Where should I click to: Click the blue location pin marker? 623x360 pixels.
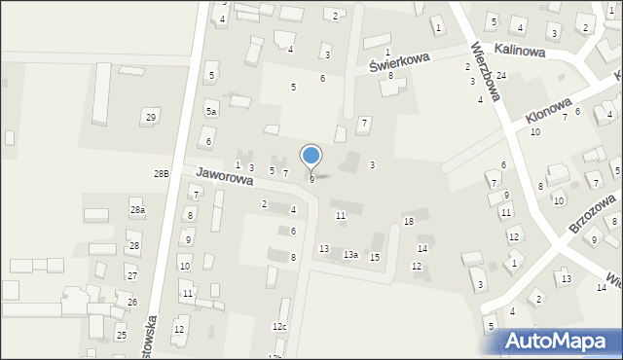click(x=311, y=157)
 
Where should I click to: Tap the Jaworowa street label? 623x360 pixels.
click(x=224, y=175)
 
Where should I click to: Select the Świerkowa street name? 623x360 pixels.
click(x=399, y=62)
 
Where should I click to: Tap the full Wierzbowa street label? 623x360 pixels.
click(x=484, y=71)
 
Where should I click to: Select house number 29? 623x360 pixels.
click(x=150, y=118)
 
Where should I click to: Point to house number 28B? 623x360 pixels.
click(x=161, y=173)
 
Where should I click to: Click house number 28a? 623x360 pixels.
click(x=137, y=210)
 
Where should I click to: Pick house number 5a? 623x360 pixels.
click(x=210, y=112)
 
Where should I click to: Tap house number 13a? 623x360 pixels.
click(x=350, y=255)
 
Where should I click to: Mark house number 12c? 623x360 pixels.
click(x=279, y=327)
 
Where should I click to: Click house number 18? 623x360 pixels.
click(x=409, y=222)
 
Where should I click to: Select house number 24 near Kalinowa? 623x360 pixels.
click(x=500, y=76)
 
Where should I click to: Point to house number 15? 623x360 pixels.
click(x=375, y=257)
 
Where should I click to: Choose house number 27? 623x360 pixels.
click(x=131, y=276)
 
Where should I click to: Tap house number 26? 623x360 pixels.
click(x=131, y=303)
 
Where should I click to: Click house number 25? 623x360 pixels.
click(x=122, y=336)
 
